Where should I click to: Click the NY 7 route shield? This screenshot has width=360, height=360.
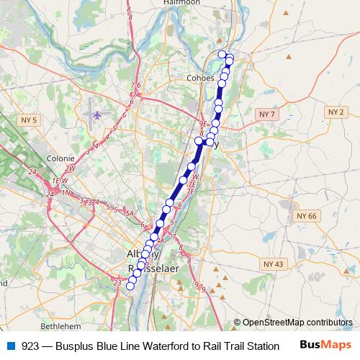267,114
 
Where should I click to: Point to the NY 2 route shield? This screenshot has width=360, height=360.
336,112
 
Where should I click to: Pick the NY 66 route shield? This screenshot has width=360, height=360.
306,215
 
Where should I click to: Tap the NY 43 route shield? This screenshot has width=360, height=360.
274,264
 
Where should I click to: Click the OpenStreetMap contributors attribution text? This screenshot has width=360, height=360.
297,323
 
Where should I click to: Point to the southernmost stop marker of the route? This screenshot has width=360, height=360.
130,286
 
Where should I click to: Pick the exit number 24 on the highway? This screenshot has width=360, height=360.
32,173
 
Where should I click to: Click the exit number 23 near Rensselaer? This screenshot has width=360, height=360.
117,283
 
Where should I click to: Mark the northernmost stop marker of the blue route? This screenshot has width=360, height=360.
222,54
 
